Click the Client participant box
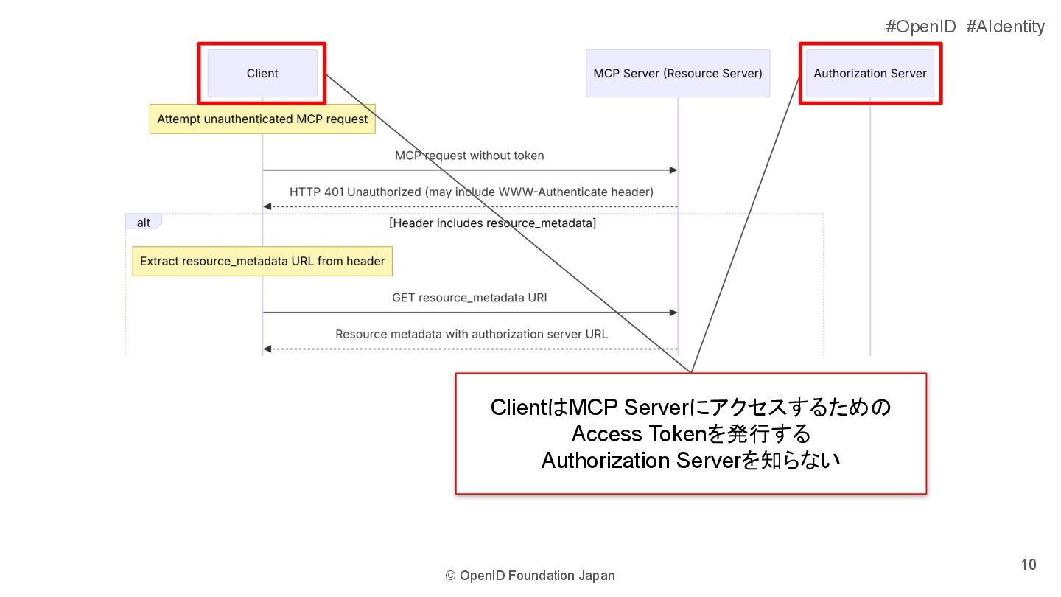pos(262,73)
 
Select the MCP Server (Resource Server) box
pos(677,73)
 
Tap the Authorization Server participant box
pos(870,73)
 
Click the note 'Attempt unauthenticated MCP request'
pos(262,119)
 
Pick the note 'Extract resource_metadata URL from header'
pos(262,261)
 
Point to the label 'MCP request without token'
pos(469,156)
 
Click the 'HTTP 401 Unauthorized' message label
pos(471,192)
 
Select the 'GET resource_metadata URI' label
pos(469,298)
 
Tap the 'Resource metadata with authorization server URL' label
pos(471,334)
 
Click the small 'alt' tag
pos(144,223)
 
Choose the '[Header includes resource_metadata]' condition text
pos(492,223)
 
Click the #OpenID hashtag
pos(920,27)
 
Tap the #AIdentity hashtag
pos(1005,27)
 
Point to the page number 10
pos(1028,565)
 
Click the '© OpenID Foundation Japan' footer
pos(530,576)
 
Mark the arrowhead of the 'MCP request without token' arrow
pos(673,170)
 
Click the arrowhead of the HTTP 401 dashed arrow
pos(267,206)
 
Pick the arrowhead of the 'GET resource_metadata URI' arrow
pos(673,313)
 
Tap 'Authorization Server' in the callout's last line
pos(640,461)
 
